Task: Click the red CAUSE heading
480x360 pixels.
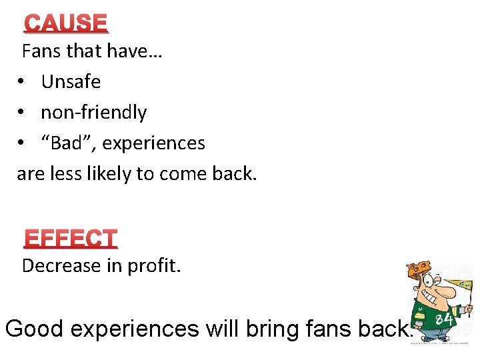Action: click(x=66, y=23)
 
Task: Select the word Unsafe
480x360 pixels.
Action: click(x=71, y=82)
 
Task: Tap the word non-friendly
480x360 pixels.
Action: click(x=93, y=113)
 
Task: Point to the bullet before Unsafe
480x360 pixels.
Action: click(x=22, y=82)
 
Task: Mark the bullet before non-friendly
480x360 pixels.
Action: click(x=22, y=113)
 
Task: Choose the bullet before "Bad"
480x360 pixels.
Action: click(x=22, y=143)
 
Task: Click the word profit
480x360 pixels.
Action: click(x=157, y=266)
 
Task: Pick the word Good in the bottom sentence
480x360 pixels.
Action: click(x=34, y=329)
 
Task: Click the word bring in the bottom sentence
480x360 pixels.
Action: click(x=273, y=329)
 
